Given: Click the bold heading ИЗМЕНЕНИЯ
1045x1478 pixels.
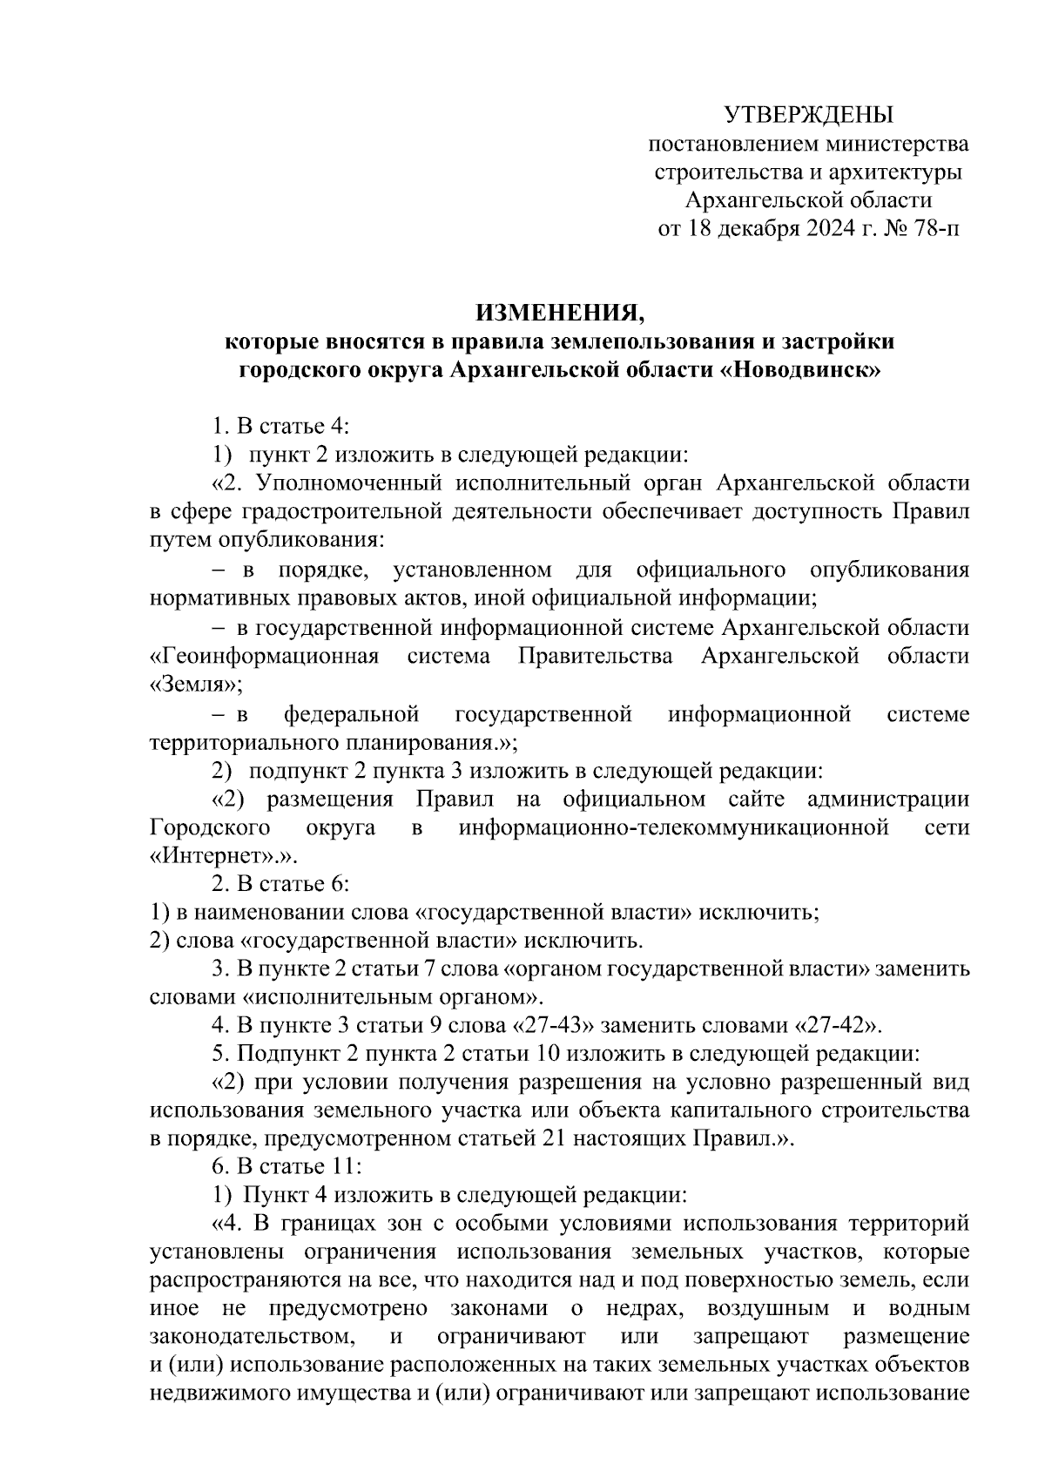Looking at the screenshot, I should click(560, 311).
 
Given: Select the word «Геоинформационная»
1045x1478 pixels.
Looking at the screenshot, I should click(265, 656).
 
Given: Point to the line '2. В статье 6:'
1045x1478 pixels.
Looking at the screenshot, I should click(280, 883).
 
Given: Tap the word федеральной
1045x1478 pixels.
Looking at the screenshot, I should click(352, 715).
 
